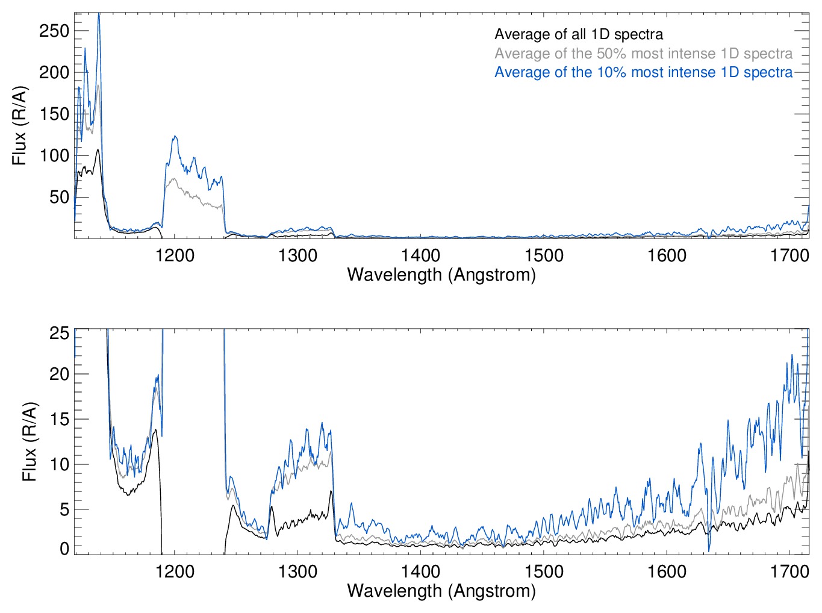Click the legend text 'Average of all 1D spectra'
click(578, 35)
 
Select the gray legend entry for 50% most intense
click(643, 54)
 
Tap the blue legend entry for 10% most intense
click(643, 72)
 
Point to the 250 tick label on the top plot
click(54, 31)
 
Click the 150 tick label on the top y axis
click(54, 114)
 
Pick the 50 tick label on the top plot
click(59, 197)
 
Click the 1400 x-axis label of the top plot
click(421, 255)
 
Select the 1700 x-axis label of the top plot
click(789, 255)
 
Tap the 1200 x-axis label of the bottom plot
click(175, 571)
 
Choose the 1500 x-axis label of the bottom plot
click(544, 571)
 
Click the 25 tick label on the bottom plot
click(59, 333)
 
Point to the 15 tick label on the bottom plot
click(59, 419)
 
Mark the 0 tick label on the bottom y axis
click(64, 549)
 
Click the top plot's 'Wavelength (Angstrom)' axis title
click(441, 275)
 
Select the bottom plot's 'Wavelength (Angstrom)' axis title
click(441, 591)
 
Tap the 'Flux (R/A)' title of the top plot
click(20, 126)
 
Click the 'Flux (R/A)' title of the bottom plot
click(30, 441)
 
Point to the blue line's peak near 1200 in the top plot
click(175, 137)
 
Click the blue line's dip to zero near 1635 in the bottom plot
click(709, 550)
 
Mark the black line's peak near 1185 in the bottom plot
click(155, 430)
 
